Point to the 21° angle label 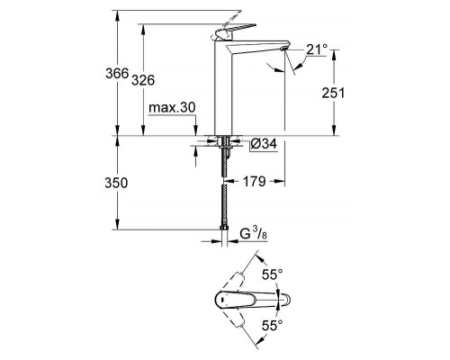click(316, 50)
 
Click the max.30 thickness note click(172, 108)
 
